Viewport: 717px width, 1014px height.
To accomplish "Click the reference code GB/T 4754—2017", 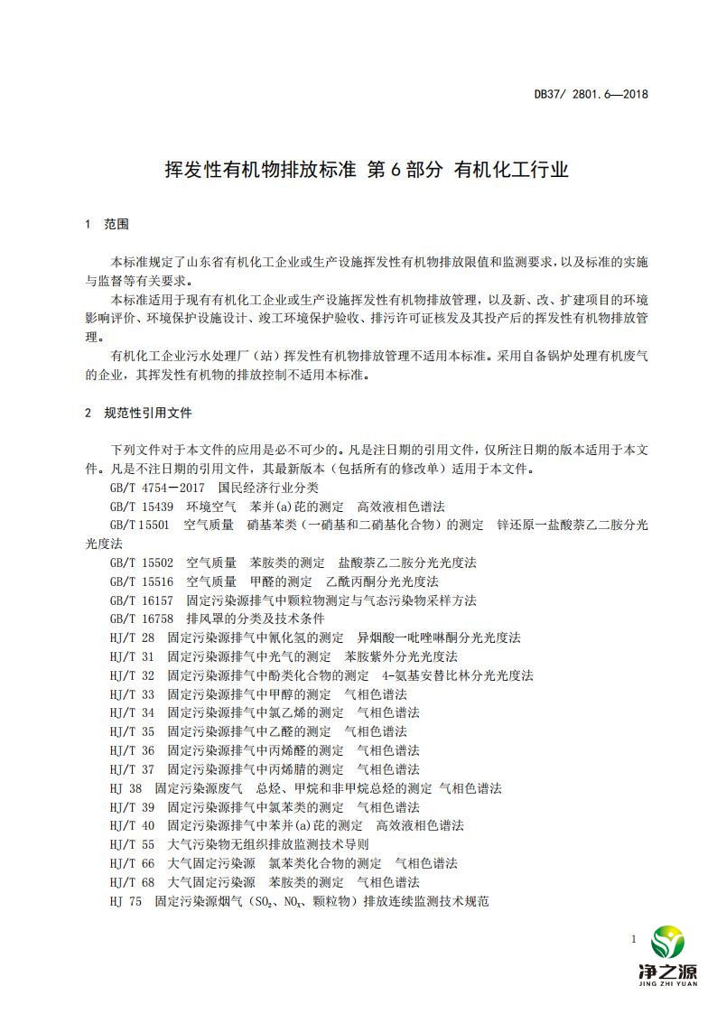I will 149,488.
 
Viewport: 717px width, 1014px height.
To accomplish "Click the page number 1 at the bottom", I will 635,940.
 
